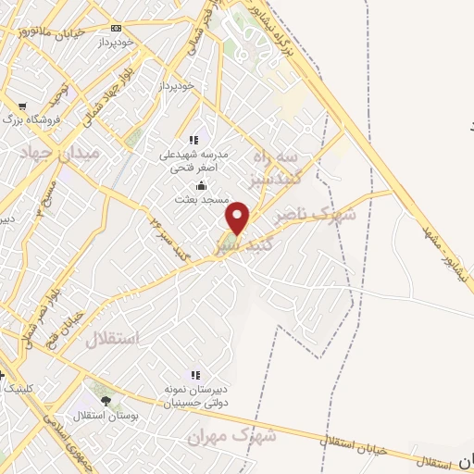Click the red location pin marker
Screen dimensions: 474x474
click(x=238, y=218)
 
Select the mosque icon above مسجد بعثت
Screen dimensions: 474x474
click(x=202, y=185)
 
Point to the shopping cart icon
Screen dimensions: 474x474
click(x=22, y=106)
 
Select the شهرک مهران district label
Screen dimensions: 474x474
click(x=219, y=435)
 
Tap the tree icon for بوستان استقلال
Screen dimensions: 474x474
click(x=105, y=402)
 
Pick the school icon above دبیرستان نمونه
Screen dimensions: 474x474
click(x=195, y=375)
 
